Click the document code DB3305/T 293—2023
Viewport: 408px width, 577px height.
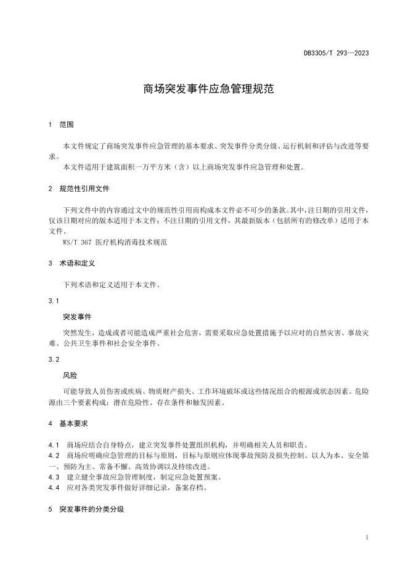pyautogui.click(x=336, y=53)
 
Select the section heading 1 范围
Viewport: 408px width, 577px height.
pyautogui.click(x=61, y=125)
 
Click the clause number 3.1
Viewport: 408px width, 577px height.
pyautogui.click(x=54, y=301)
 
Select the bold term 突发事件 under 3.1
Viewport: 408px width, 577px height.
pyautogui.click(x=77, y=317)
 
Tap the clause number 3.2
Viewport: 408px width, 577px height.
pyautogui.click(x=54, y=359)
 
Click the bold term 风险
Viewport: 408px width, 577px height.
pyautogui.click(x=70, y=375)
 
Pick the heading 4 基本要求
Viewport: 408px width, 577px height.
pyautogui.click(x=70, y=424)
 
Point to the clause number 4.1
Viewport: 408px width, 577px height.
pyautogui.click(x=54, y=445)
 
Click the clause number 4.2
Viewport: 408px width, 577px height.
pyautogui.click(x=54, y=456)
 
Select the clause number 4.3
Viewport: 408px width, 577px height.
pyautogui.click(x=54, y=477)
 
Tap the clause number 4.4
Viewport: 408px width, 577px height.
pyautogui.click(x=54, y=488)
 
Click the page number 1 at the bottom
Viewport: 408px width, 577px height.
pyautogui.click(x=367, y=538)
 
